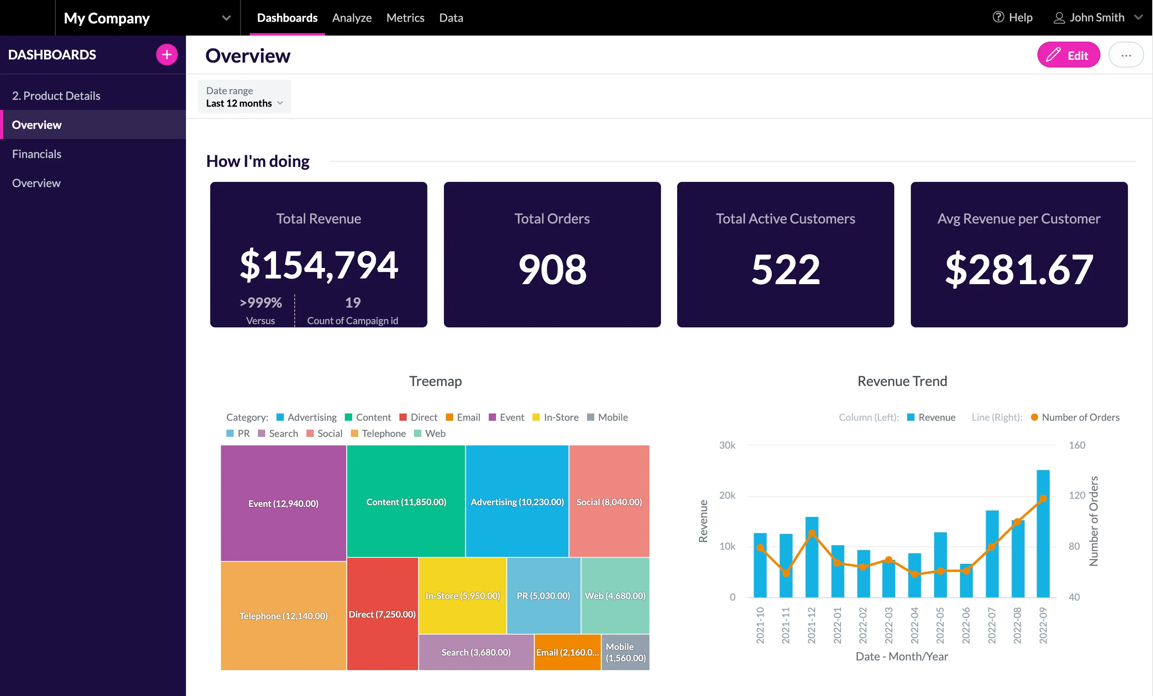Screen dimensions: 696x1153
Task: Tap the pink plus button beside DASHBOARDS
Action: point(167,55)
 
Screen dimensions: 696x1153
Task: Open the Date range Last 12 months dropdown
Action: point(244,97)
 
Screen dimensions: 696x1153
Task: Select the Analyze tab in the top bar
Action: point(351,18)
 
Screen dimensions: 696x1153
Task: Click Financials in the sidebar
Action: point(36,154)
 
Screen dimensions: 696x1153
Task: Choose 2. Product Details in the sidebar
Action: point(56,96)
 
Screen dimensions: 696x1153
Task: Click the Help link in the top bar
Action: point(1013,18)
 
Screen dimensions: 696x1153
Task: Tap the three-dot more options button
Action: point(1126,55)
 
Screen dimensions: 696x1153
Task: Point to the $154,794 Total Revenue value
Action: point(319,265)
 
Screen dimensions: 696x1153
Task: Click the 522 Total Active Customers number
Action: point(785,270)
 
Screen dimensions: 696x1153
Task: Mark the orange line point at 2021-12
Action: point(812,534)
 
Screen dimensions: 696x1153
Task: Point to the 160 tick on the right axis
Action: point(1077,445)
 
